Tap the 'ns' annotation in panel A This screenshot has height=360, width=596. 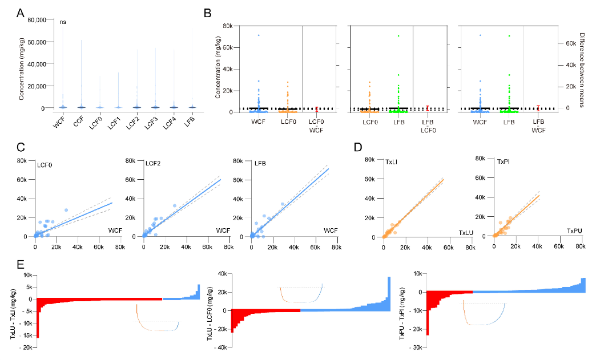[x=63, y=22]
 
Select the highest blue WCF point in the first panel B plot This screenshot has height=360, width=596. [x=258, y=35]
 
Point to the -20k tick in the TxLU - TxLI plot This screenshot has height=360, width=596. [x=26, y=347]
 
